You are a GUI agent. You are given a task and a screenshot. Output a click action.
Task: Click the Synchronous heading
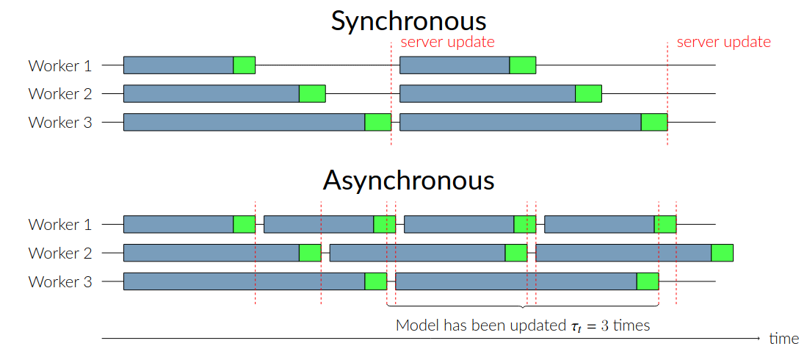pos(408,21)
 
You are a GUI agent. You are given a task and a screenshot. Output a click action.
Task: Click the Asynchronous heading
pos(409,181)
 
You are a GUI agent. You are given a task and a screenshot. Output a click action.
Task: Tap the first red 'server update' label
pos(447,42)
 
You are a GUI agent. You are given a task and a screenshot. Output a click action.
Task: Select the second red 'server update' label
pos(723,42)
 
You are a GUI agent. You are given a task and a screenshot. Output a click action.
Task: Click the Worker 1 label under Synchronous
pos(60,66)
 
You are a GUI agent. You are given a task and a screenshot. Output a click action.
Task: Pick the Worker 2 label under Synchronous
pos(60,94)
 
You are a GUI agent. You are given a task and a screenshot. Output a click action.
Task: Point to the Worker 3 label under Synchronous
pos(60,123)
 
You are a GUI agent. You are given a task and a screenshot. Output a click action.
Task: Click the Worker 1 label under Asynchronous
pos(60,225)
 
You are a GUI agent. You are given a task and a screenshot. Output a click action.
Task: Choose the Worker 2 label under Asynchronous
pos(60,253)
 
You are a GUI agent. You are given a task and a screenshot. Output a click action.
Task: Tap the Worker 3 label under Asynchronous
pos(60,281)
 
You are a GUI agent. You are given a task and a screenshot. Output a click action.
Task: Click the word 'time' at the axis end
pos(784,339)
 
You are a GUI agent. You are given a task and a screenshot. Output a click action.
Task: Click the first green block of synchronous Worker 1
pos(244,65)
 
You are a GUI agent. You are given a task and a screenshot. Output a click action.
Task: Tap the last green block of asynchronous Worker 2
pos(722,253)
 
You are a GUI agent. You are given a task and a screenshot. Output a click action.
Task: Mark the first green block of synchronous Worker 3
pos(377,122)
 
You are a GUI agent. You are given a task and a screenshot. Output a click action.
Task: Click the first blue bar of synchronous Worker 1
pos(178,65)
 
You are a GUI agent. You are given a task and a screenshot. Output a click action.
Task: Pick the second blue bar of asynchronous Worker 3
pos(516,281)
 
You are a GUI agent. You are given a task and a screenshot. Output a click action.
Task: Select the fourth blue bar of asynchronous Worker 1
pos(600,225)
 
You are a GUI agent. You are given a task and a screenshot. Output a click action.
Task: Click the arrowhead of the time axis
pos(757,339)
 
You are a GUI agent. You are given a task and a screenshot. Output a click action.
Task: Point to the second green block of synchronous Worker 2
pos(588,94)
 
